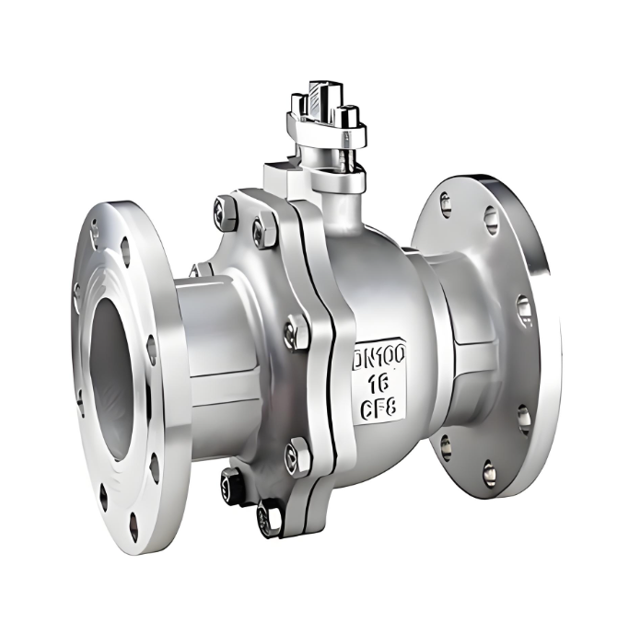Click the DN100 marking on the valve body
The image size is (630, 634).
[379, 355]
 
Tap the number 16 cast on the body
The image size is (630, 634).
[379, 382]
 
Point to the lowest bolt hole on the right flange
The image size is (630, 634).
[489, 474]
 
